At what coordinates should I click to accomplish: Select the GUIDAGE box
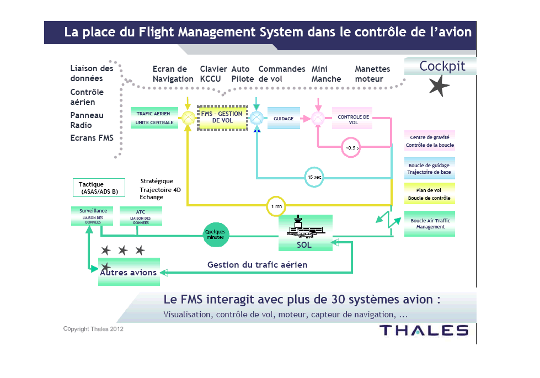tap(284, 119)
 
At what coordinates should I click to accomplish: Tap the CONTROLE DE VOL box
tap(353, 119)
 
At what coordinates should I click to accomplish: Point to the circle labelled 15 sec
tap(314, 177)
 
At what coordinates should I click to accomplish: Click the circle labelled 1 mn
tap(276, 206)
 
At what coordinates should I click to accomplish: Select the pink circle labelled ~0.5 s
tap(351, 147)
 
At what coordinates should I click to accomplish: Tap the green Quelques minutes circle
tap(215, 235)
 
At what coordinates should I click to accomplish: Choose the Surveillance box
tap(93, 216)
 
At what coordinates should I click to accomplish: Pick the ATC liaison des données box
tap(141, 216)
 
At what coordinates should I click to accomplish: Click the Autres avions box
tap(129, 271)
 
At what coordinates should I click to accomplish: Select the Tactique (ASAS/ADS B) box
tap(99, 188)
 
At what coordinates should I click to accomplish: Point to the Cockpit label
tap(442, 66)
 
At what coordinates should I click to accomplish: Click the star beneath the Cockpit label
tap(440, 86)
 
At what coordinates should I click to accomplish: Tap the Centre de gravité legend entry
tap(430, 141)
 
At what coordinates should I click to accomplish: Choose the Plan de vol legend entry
tap(429, 194)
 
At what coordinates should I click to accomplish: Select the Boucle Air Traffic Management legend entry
tap(430, 223)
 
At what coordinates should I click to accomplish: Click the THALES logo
tap(424, 331)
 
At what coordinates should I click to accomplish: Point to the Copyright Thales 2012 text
tap(93, 329)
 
